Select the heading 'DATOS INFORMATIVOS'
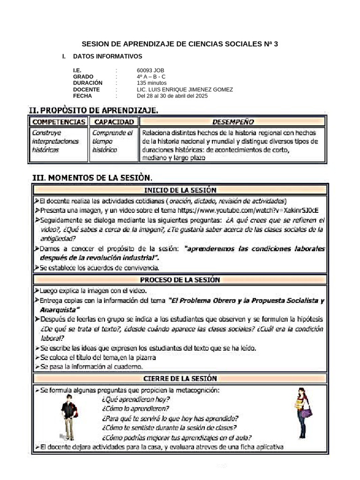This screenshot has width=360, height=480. (x=107, y=56)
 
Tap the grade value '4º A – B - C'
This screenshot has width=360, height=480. (x=151, y=77)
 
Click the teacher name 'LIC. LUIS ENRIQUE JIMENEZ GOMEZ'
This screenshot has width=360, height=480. (x=185, y=90)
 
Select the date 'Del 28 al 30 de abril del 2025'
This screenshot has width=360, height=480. (x=172, y=96)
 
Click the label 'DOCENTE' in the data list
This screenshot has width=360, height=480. (x=86, y=90)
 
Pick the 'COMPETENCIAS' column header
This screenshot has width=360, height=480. (x=59, y=122)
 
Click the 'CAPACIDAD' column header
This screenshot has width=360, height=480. (x=112, y=122)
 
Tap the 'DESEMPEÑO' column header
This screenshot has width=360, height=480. (x=233, y=122)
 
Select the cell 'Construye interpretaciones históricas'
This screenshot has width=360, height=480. (x=55, y=141)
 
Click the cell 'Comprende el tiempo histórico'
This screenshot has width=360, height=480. (x=112, y=141)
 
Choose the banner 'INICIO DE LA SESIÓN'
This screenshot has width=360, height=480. (x=180, y=190)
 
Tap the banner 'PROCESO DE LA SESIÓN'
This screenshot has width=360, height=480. (x=180, y=280)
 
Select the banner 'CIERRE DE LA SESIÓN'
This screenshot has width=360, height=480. (x=180, y=378)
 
